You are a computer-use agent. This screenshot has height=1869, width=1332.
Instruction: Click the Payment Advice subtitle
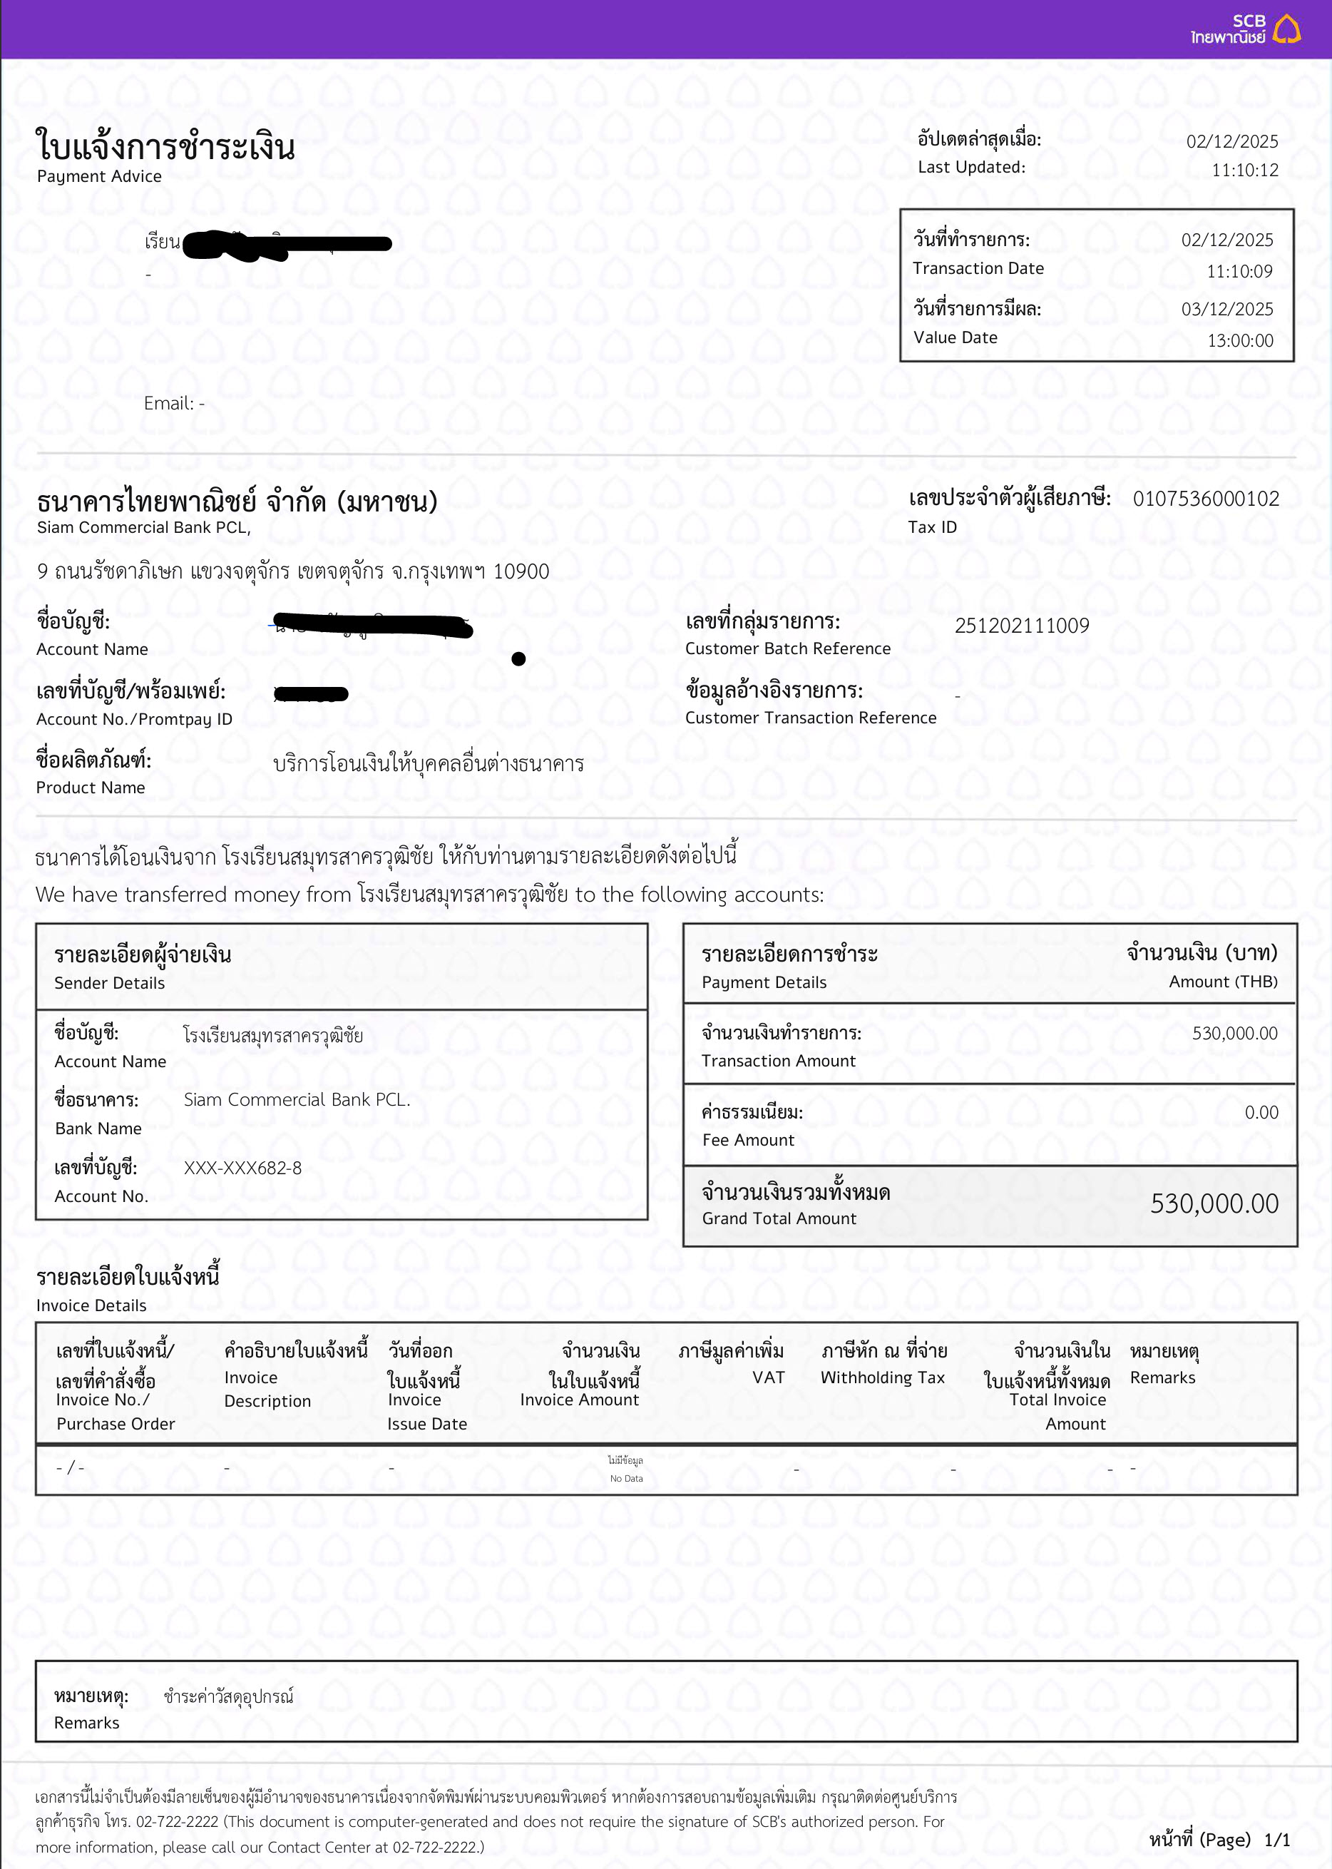pos(99,176)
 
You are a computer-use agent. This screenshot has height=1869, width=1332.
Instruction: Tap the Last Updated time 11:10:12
pos(1244,170)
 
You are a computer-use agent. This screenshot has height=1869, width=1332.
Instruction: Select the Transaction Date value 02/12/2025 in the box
pos(1226,240)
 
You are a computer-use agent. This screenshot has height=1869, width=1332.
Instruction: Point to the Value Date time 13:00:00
pos(1239,340)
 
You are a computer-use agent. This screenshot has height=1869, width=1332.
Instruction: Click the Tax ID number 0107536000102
pos(1205,499)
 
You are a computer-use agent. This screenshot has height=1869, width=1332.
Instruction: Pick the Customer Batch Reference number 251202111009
pos(1021,626)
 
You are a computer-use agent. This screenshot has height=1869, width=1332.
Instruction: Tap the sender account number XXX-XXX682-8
pos(242,1168)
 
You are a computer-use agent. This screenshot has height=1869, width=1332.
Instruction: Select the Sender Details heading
pos(109,983)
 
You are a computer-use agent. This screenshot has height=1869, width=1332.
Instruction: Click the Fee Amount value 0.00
pos(1261,1113)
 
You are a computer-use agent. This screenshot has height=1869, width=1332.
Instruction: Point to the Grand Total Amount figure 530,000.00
pos(1213,1203)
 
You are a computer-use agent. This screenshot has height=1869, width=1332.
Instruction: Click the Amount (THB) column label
pos(1222,982)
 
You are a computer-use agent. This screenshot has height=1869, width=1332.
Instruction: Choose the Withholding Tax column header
pos(883,1377)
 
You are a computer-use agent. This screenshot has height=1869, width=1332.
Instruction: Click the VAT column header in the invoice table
pos(768,1377)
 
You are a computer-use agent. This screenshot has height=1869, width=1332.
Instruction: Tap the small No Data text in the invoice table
pos(626,1479)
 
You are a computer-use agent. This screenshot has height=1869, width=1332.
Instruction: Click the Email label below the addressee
pos(168,404)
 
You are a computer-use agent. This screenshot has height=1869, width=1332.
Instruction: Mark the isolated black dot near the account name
pos(518,659)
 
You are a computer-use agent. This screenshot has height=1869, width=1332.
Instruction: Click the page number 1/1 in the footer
pos(1276,1840)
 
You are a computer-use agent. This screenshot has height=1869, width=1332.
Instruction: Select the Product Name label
pos(91,788)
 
